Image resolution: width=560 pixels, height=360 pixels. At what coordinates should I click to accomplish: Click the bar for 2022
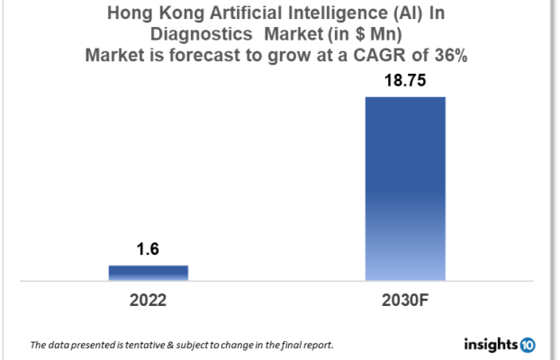(149, 273)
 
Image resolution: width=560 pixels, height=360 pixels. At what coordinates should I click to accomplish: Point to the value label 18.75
(405, 82)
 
